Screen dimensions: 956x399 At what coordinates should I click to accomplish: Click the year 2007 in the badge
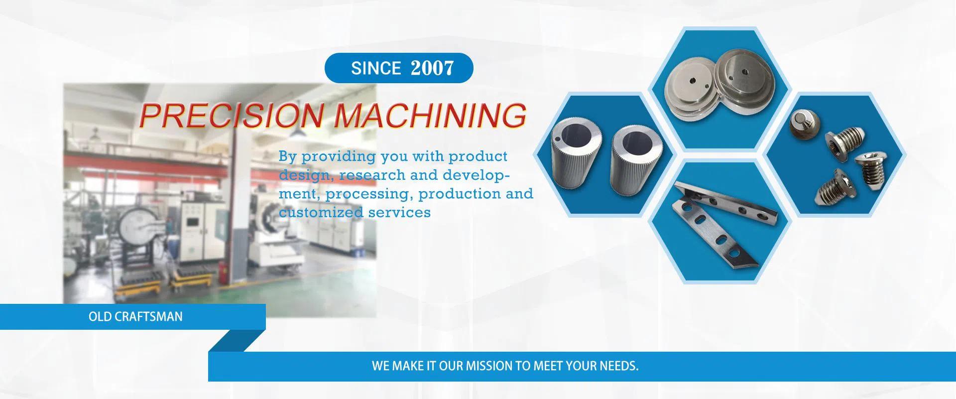(433, 68)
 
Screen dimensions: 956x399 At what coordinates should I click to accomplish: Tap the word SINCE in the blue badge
(376, 68)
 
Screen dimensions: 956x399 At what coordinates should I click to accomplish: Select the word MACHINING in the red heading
(430, 116)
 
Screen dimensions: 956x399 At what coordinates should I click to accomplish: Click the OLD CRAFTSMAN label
(135, 317)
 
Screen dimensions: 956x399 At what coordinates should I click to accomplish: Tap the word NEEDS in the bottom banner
(619, 366)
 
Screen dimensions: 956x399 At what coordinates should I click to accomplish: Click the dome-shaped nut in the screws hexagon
(804, 124)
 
